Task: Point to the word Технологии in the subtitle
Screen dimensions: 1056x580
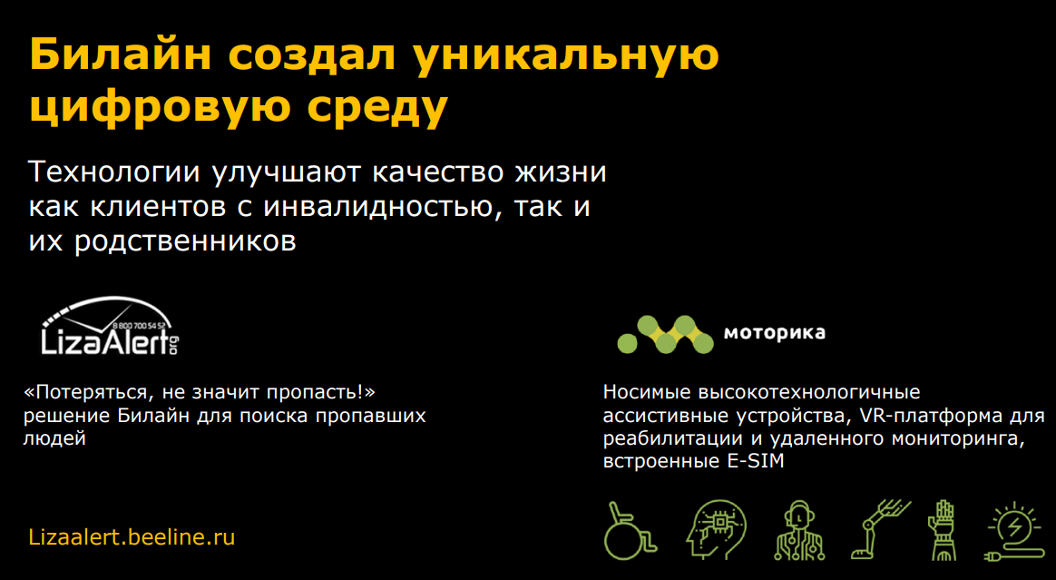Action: click(114, 172)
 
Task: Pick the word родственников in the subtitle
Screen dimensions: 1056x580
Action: click(185, 241)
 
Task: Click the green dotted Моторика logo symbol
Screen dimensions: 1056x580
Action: click(665, 335)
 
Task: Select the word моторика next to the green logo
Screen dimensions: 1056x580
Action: click(775, 333)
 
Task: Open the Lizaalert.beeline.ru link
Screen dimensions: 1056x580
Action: click(132, 537)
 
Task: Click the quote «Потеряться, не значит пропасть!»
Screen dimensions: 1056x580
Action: click(199, 392)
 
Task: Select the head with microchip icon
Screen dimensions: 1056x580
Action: click(716, 530)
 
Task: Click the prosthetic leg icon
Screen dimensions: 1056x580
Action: click(880, 530)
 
